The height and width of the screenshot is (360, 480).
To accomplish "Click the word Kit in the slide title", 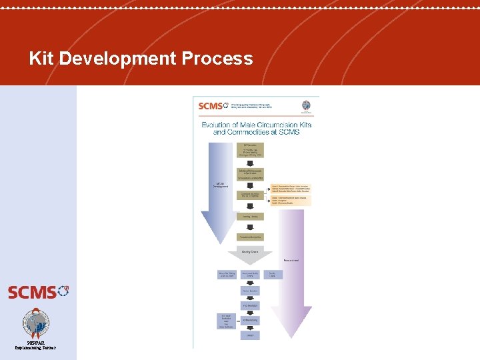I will (42, 59).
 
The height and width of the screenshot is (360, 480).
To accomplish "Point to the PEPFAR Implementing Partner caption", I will (36, 345).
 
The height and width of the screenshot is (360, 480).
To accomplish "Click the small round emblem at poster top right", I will (306, 106).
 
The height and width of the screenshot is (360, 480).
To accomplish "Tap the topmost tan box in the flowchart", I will (251, 150).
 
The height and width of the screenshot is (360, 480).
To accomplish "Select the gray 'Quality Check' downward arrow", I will (251, 254).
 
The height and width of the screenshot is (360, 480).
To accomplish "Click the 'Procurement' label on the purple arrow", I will (291, 259).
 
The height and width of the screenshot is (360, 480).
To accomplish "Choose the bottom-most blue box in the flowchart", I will (251, 335).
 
